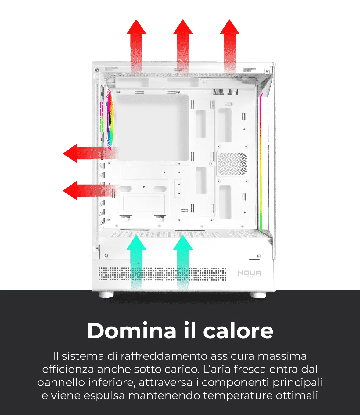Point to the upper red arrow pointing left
tap(90, 153)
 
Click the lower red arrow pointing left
tap(90, 190)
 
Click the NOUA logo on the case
tap(250, 274)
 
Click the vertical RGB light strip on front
tap(261, 162)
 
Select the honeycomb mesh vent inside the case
tap(232, 164)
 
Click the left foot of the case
tap(106, 294)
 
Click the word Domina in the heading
tap(131, 331)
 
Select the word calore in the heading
tap(238, 331)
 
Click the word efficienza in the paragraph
tap(68, 369)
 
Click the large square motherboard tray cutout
tap(153, 128)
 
